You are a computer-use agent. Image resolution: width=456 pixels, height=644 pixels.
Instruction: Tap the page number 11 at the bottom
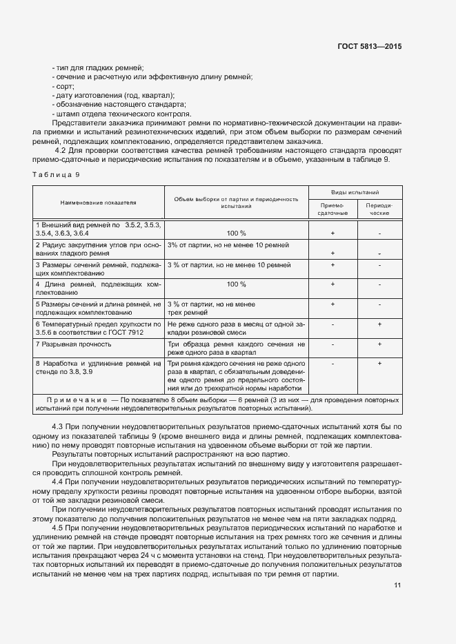coord(397,585)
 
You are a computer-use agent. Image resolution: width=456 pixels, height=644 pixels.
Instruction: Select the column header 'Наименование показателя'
coord(98,202)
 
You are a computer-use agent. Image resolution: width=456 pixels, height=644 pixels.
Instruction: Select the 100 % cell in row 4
coord(236,284)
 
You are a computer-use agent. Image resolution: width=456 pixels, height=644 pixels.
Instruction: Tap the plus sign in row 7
coord(379,344)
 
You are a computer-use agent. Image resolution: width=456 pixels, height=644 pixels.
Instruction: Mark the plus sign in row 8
coord(379,363)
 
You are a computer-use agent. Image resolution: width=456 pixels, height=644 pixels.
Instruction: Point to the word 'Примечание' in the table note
coord(73,399)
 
